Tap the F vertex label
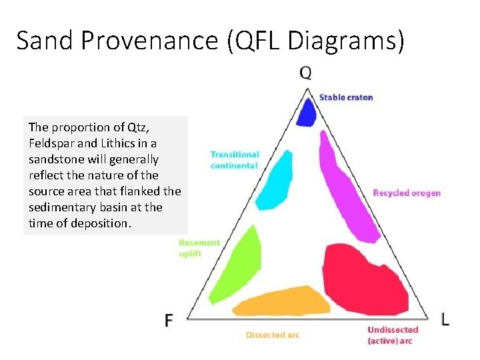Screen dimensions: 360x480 tap(169, 320)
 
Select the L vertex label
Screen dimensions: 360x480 tap(445, 319)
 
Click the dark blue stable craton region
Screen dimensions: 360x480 tap(306, 113)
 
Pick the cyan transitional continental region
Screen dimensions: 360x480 tap(275, 180)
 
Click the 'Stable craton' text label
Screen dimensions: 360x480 tap(346, 97)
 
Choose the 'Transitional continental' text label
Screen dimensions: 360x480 tap(235, 160)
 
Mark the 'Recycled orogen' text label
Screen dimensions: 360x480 tap(407, 193)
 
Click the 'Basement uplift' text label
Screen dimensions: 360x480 tap(199, 248)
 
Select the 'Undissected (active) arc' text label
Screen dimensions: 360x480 tap(393, 335)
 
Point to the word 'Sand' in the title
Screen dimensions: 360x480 tap(44, 41)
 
